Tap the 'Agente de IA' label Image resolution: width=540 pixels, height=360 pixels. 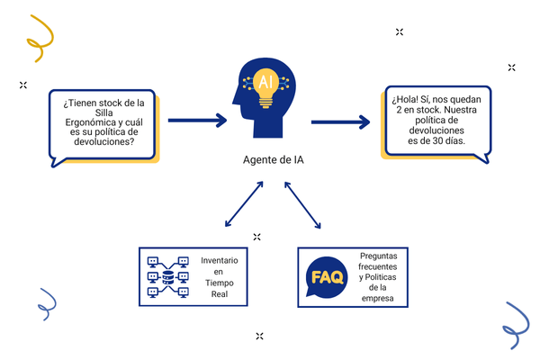click(x=270, y=161)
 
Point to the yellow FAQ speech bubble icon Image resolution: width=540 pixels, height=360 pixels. click(x=325, y=276)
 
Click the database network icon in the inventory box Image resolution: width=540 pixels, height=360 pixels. click(x=168, y=275)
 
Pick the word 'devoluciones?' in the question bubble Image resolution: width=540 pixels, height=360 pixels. click(x=99, y=141)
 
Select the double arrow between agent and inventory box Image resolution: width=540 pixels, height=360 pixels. click(x=240, y=204)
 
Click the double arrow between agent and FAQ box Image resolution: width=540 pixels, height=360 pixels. click(x=301, y=204)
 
